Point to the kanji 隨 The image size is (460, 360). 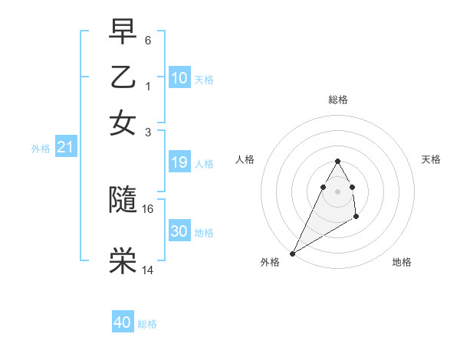tap(123, 199)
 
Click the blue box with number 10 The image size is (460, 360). tap(179, 78)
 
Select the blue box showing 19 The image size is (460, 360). tap(179, 162)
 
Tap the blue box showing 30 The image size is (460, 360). tap(179, 231)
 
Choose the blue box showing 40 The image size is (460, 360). tap(123, 322)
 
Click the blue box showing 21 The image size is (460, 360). tap(65, 147)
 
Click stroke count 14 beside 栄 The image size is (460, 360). tap(148, 270)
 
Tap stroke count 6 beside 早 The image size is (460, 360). tap(148, 39)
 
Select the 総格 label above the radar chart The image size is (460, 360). tap(337, 100)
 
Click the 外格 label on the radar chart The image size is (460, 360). tap(270, 263)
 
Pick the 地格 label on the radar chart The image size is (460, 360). tap(402, 263)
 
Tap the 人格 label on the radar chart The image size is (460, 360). tap(245, 159)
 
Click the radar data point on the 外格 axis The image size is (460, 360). tap(292, 253)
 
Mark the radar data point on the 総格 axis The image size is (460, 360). tap(337, 161)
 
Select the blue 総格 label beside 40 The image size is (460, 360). tap(147, 324)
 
